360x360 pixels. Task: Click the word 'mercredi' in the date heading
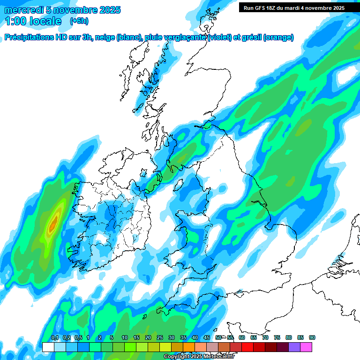(x=22, y=10)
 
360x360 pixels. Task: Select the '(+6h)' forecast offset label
(x=79, y=21)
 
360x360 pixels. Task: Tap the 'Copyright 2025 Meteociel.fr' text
(x=199, y=357)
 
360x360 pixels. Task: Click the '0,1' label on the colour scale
(x=55, y=338)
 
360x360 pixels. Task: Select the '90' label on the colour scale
(x=312, y=338)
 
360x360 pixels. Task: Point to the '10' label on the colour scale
(x=125, y=338)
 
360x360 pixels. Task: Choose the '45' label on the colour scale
(x=207, y=338)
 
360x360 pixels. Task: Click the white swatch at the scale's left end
(x=48, y=347)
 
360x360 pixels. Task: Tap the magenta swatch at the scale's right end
(x=306, y=347)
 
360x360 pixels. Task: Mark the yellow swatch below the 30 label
(x=165, y=347)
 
